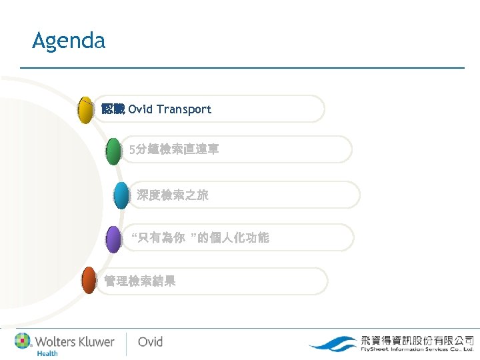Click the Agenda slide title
coord(69,41)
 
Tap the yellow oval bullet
coord(85,110)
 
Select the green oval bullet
coord(114,151)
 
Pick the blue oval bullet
coord(121,195)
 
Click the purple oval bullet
coord(114,239)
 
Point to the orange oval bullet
coord(89,281)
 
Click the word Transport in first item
coord(184,109)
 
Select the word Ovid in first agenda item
coord(140,109)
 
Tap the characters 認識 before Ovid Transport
coord(113,109)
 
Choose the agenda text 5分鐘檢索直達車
coord(174,151)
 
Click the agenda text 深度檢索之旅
coord(173,195)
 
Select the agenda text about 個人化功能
coord(200,238)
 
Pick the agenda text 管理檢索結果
coord(140,281)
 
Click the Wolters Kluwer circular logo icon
coord(23,341)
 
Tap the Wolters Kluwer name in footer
coord(75,341)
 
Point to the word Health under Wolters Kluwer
coord(47,353)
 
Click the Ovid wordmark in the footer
coord(150,342)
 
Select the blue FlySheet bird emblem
coord(333,344)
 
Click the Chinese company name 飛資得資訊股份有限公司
coord(417,339)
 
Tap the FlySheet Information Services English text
coord(417,349)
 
